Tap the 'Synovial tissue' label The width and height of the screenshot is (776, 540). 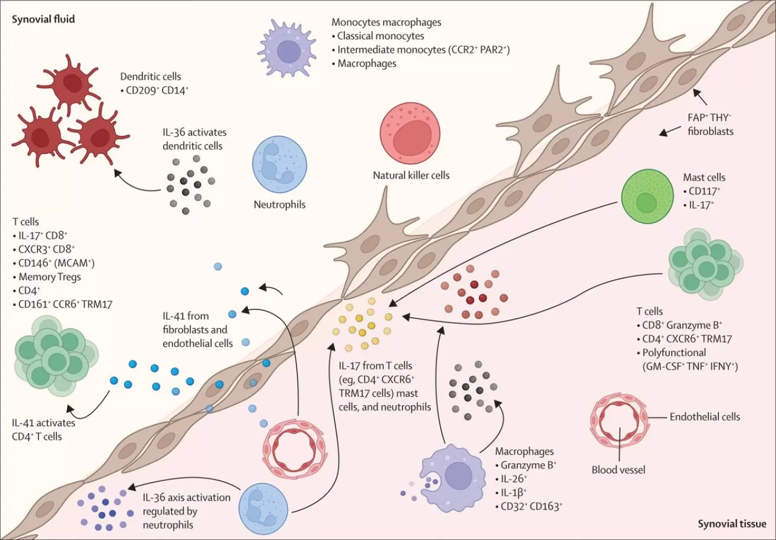click(x=732, y=524)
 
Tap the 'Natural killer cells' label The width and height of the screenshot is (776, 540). click(x=411, y=176)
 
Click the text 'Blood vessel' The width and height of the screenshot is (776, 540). click(x=618, y=469)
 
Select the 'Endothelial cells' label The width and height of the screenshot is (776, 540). click(x=704, y=417)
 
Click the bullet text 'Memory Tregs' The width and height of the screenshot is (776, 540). click(x=48, y=277)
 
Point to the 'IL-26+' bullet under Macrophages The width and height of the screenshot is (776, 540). click(x=518, y=479)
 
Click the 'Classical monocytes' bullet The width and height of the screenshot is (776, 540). click(x=381, y=36)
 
